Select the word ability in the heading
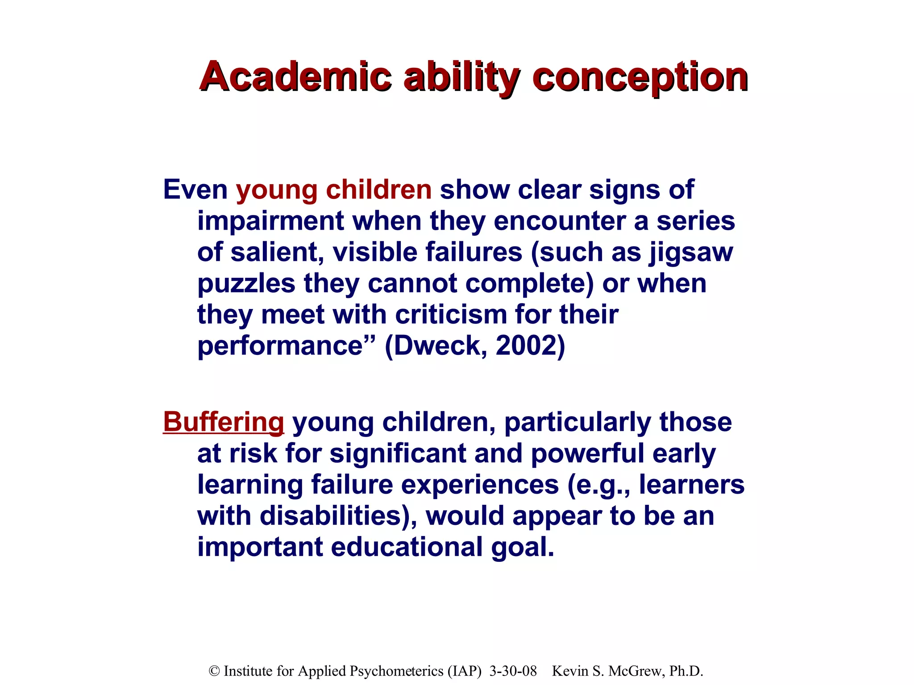click(x=461, y=77)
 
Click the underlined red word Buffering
click(x=223, y=422)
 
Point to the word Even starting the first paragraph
click(x=195, y=190)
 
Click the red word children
click(x=378, y=190)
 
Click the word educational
click(x=407, y=547)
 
